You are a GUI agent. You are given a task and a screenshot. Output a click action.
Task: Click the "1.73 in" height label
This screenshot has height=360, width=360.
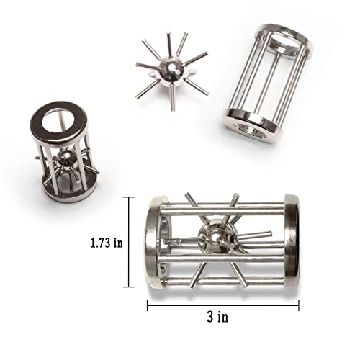point(107,243)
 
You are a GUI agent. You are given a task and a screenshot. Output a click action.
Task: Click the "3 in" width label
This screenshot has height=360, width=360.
point(217,317)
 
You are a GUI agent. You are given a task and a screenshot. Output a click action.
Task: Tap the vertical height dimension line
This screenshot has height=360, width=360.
point(130,242)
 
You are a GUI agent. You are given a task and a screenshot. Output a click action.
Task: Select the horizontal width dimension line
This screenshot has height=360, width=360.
point(223,305)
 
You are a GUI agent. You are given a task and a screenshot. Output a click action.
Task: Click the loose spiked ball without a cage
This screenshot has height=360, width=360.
point(172,71)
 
